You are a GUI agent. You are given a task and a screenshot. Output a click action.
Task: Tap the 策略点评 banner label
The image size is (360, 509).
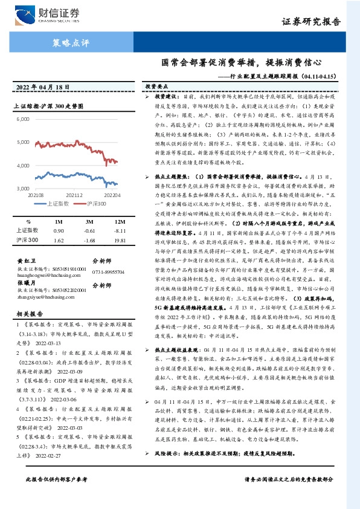(x=67, y=42)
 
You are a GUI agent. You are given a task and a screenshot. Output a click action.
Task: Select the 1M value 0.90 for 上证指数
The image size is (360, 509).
(x=59, y=230)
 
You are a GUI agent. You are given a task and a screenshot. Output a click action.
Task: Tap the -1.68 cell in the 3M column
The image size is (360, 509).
(x=89, y=241)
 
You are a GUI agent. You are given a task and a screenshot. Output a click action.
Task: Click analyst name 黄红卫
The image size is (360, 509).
(x=24, y=261)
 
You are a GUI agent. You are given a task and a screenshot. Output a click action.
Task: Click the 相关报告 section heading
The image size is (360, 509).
(x=28, y=314)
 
